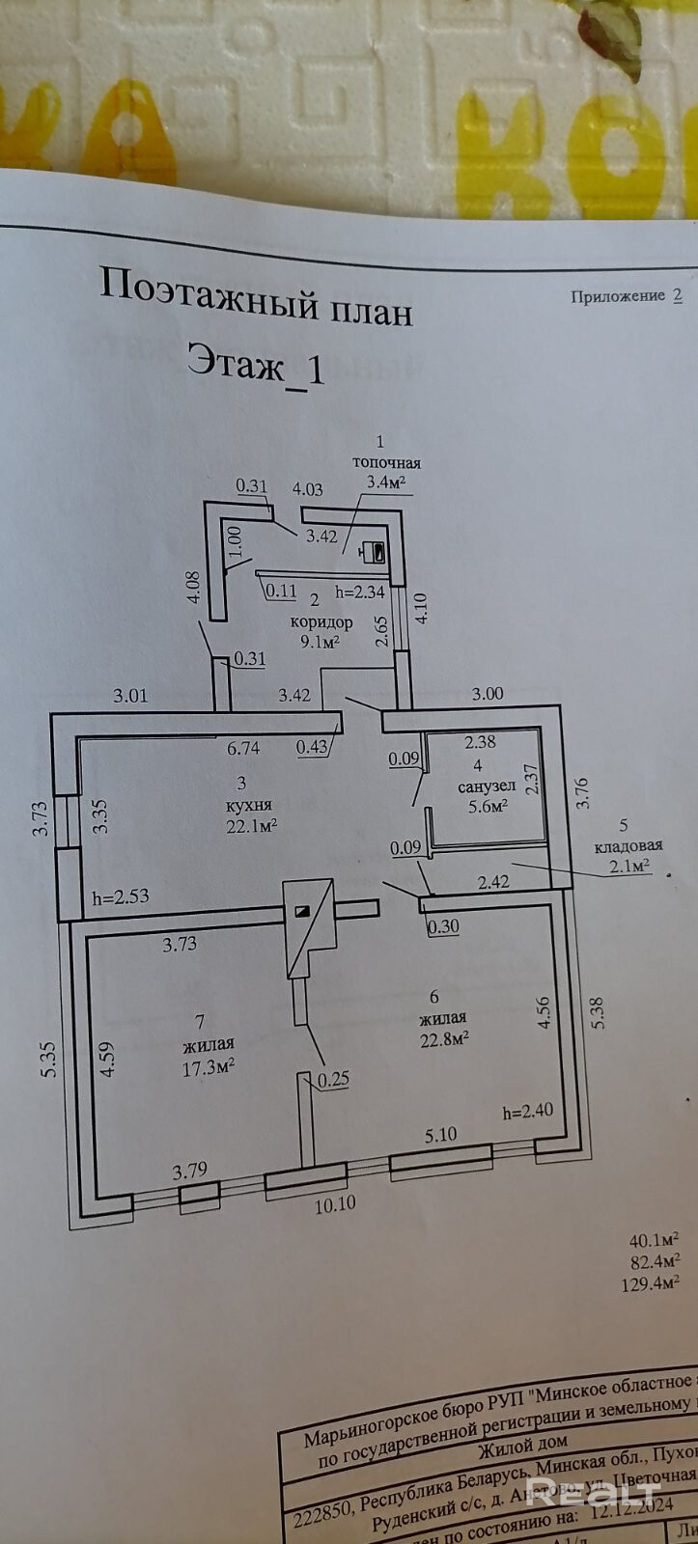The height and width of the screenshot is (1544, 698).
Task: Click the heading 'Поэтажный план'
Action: (x=256, y=297)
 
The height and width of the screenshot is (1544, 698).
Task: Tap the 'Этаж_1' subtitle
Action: (x=256, y=366)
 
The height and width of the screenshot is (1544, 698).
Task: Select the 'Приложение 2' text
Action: (x=626, y=296)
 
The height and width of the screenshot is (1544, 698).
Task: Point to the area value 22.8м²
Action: (x=443, y=1037)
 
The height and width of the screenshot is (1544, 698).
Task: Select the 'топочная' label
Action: (x=385, y=462)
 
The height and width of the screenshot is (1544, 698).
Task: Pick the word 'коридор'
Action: (x=321, y=621)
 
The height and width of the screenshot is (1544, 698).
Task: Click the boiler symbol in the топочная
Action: (x=373, y=553)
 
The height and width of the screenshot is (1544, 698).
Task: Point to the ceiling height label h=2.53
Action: (x=121, y=896)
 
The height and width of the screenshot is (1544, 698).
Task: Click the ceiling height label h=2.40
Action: (x=527, y=1111)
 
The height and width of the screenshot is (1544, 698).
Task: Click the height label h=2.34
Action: (x=359, y=592)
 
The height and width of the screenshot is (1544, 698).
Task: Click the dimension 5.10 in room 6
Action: (x=440, y=1135)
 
